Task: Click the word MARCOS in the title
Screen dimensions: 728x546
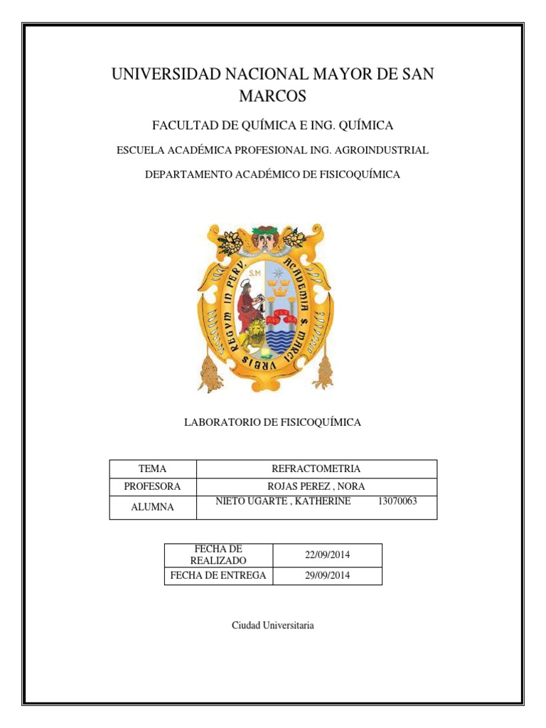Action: [272, 96]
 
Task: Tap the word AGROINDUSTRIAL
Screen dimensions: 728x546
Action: [383, 150]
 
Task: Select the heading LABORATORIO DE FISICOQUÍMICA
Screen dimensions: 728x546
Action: [272, 422]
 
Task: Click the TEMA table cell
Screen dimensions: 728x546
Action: [152, 469]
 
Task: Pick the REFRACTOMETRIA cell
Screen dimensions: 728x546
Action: [316, 469]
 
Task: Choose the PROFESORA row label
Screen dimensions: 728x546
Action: [152, 487]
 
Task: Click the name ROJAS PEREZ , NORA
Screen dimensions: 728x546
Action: [316, 487]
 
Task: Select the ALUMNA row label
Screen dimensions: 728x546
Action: [152, 507]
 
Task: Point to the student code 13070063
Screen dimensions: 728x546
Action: [397, 501]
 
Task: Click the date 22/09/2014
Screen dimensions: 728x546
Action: [328, 555]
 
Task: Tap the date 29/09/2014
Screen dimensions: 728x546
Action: [328, 575]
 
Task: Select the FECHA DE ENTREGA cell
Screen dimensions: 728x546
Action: [218, 575]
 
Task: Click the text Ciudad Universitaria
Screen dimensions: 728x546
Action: [272, 626]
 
